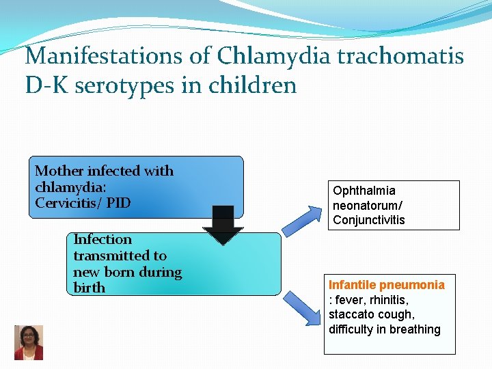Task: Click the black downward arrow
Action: tap(223, 225)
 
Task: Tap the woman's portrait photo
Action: tap(29, 342)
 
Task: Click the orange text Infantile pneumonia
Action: tap(386, 285)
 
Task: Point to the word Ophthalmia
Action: tap(364, 191)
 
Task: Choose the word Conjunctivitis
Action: tap(368, 220)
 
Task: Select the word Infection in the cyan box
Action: tap(102, 239)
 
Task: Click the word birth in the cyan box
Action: tap(89, 288)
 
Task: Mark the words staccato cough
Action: tap(371, 314)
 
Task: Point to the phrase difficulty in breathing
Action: tap(384, 329)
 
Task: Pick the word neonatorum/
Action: tap(367, 205)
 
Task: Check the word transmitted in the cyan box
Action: tap(120, 256)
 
